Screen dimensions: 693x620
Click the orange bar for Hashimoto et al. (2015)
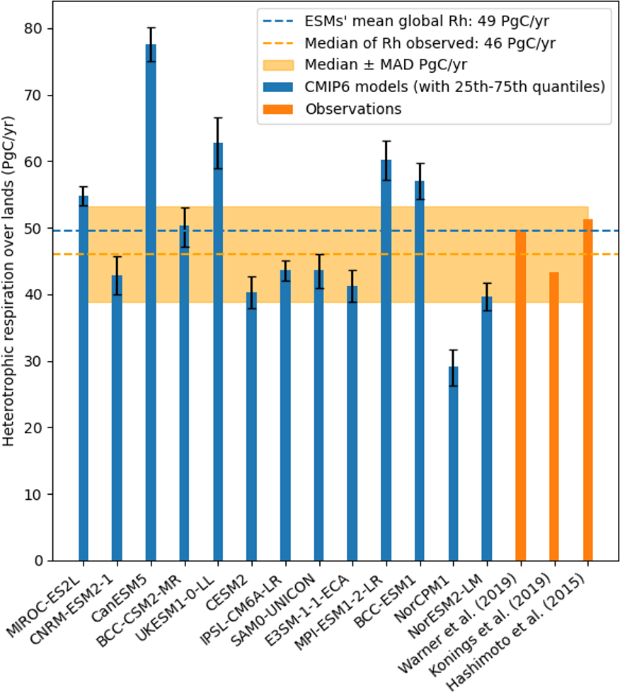tap(587, 390)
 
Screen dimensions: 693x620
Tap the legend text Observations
tap(353, 108)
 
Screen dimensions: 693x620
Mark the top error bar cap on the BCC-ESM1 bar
tap(420, 164)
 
